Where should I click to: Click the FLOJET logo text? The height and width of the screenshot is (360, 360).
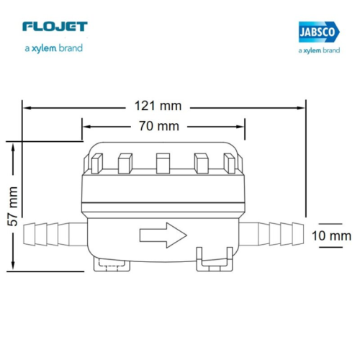55,27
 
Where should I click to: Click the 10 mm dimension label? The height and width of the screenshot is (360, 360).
332,235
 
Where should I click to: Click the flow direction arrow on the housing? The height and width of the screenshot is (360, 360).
162,234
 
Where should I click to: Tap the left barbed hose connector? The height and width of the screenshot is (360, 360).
53,233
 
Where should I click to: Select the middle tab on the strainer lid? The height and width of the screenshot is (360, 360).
163,164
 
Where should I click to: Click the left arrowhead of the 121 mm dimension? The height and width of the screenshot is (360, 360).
27,107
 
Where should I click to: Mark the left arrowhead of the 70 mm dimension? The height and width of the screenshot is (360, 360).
86,127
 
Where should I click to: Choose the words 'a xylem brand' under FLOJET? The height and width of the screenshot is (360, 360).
52,48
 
